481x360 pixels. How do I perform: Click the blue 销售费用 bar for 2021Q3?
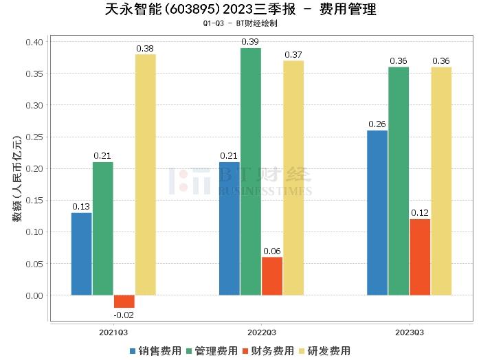click(81, 254)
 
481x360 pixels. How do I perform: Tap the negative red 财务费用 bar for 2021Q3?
click(124, 302)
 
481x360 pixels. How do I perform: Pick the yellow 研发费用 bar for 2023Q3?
click(441, 181)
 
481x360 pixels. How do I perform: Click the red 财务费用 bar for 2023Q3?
click(419, 257)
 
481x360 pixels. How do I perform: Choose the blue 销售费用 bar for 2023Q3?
click(377, 213)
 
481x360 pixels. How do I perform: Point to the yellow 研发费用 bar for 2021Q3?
click(145, 175)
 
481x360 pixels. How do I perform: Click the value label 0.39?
click(250, 43)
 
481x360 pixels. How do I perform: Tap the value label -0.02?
click(124, 315)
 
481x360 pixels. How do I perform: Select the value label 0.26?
click(377, 124)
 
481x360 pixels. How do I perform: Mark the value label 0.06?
click(271, 251)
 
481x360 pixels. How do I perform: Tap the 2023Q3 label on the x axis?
click(409, 332)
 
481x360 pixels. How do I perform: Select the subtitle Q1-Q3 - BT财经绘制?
click(240, 23)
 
